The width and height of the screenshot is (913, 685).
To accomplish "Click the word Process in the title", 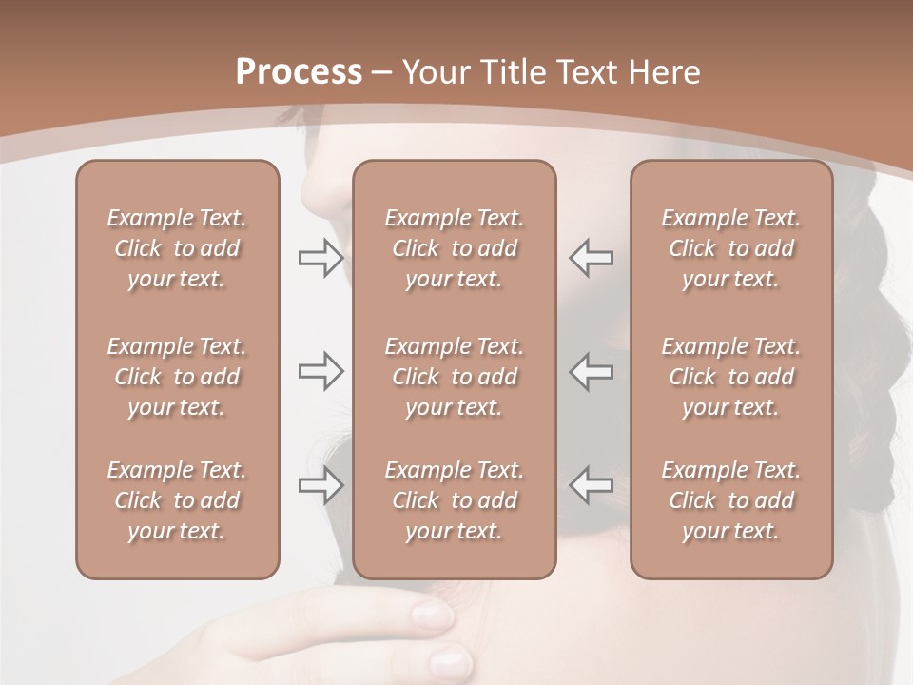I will click(299, 72).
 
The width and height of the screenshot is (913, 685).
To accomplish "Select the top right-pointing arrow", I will click(321, 258).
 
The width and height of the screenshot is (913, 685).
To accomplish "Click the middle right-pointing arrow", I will click(321, 371).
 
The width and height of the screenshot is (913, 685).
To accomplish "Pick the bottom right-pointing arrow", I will click(321, 485).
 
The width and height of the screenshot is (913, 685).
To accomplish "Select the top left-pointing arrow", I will click(592, 257).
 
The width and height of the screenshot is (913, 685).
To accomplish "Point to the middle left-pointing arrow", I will click(592, 371).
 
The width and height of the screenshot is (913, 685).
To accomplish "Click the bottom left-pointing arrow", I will click(592, 484).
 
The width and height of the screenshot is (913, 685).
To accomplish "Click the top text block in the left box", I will click(177, 248).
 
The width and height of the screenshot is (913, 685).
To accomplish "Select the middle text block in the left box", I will click(177, 377).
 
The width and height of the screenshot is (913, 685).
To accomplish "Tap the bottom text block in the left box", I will click(177, 500).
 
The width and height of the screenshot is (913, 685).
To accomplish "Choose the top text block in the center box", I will click(454, 248).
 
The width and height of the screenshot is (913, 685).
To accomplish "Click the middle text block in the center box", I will click(454, 377).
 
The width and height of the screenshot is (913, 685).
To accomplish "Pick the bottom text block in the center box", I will click(454, 500).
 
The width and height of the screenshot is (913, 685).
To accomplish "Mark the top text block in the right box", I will click(731, 248).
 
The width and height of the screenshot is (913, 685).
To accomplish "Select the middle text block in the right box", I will click(731, 377).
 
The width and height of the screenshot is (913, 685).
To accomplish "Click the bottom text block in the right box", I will click(731, 500).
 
